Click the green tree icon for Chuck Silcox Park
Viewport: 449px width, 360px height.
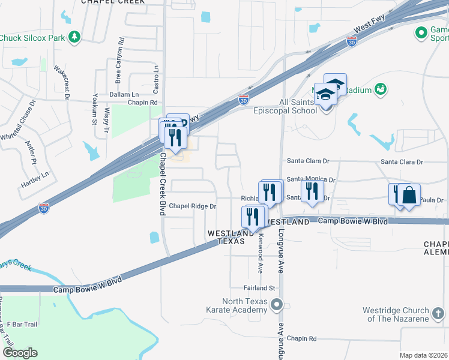74,38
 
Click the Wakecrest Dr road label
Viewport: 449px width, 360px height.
61,82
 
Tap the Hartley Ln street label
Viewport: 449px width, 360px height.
37,178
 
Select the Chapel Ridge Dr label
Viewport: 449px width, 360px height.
192,206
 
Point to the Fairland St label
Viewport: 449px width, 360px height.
259,288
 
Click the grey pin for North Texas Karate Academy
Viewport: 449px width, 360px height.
276,305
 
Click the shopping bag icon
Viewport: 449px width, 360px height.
409,195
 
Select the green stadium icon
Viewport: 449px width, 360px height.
379,89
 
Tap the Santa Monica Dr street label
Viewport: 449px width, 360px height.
310,179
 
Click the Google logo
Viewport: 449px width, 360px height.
19,353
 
